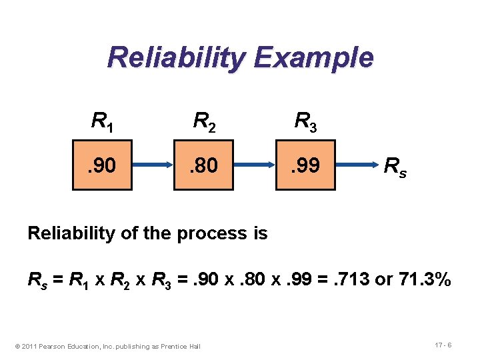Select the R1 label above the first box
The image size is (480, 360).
click(102, 121)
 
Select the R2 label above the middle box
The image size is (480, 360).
click(204, 121)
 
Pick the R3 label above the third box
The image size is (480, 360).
click(306, 121)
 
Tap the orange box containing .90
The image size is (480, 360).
click(102, 165)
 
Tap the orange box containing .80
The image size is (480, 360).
click(204, 165)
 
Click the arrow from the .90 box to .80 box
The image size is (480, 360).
click(153, 165)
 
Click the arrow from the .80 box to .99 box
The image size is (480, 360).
click(255, 165)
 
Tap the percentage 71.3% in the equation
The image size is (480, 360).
click(425, 281)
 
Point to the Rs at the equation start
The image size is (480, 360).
click(36, 281)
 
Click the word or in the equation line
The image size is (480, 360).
click(383, 281)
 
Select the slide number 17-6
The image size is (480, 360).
click(443, 345)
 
